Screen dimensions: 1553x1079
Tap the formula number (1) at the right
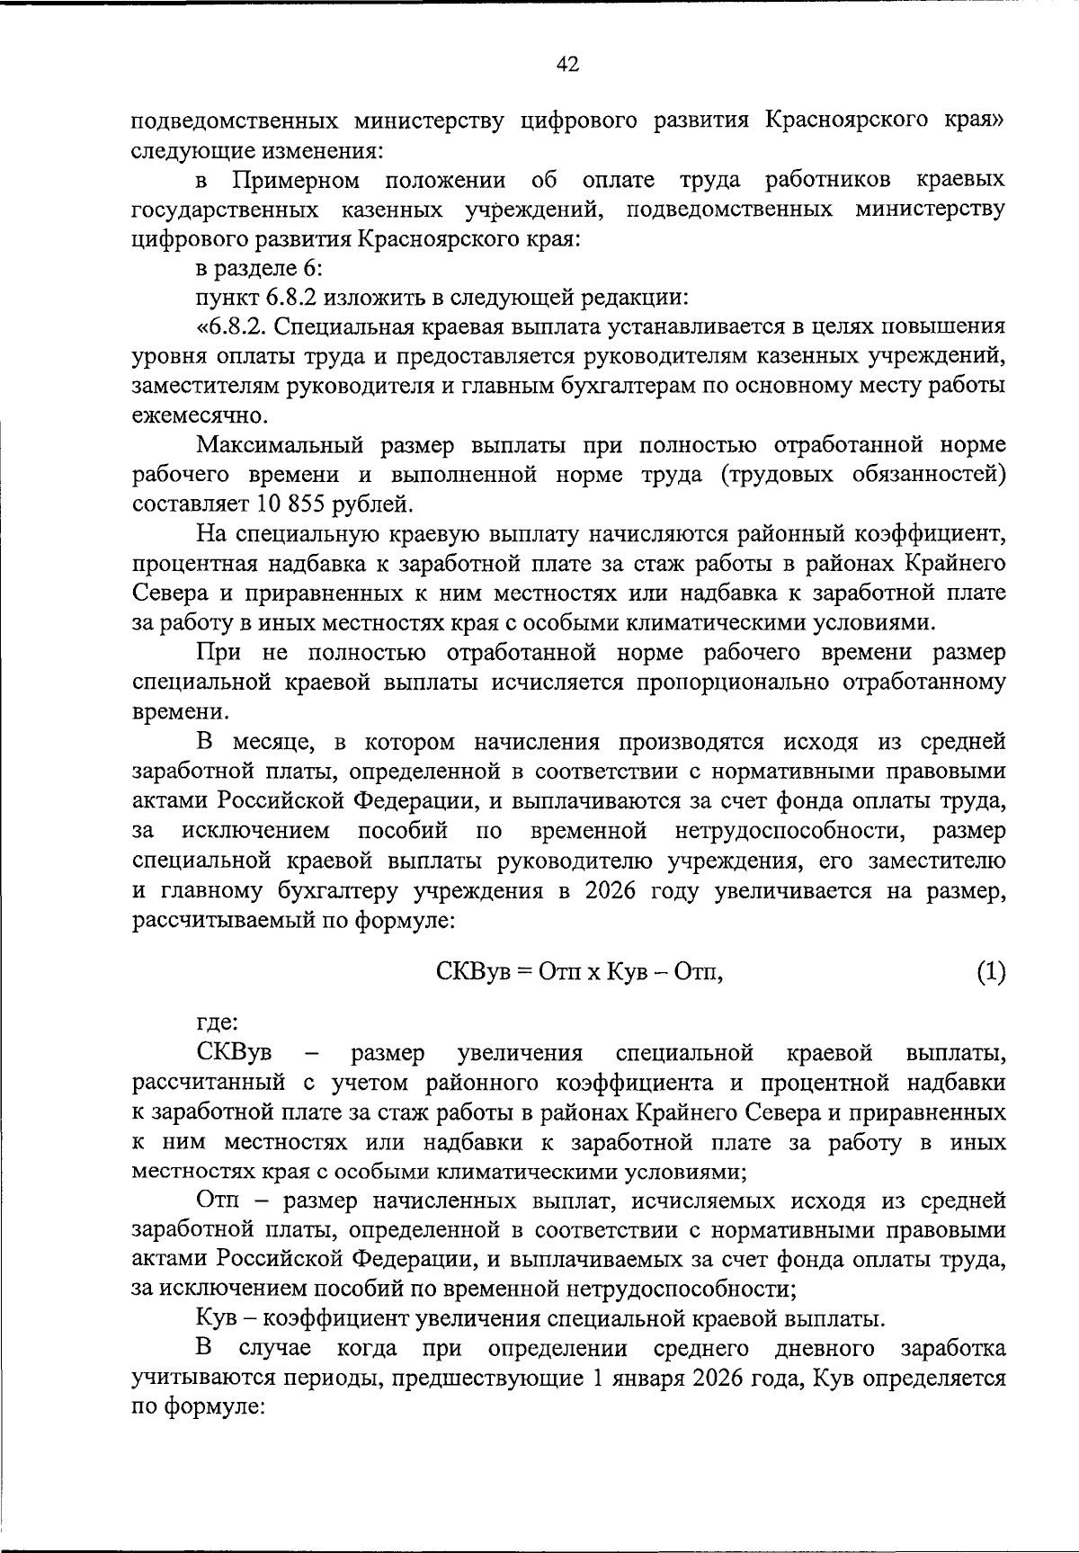click(x=990, y=972)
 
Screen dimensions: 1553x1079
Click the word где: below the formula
click(x=218, y=1022)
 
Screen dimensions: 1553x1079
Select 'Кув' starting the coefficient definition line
click(x=213, y=1319)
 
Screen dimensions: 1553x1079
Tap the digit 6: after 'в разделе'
click(x=303, y=268)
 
